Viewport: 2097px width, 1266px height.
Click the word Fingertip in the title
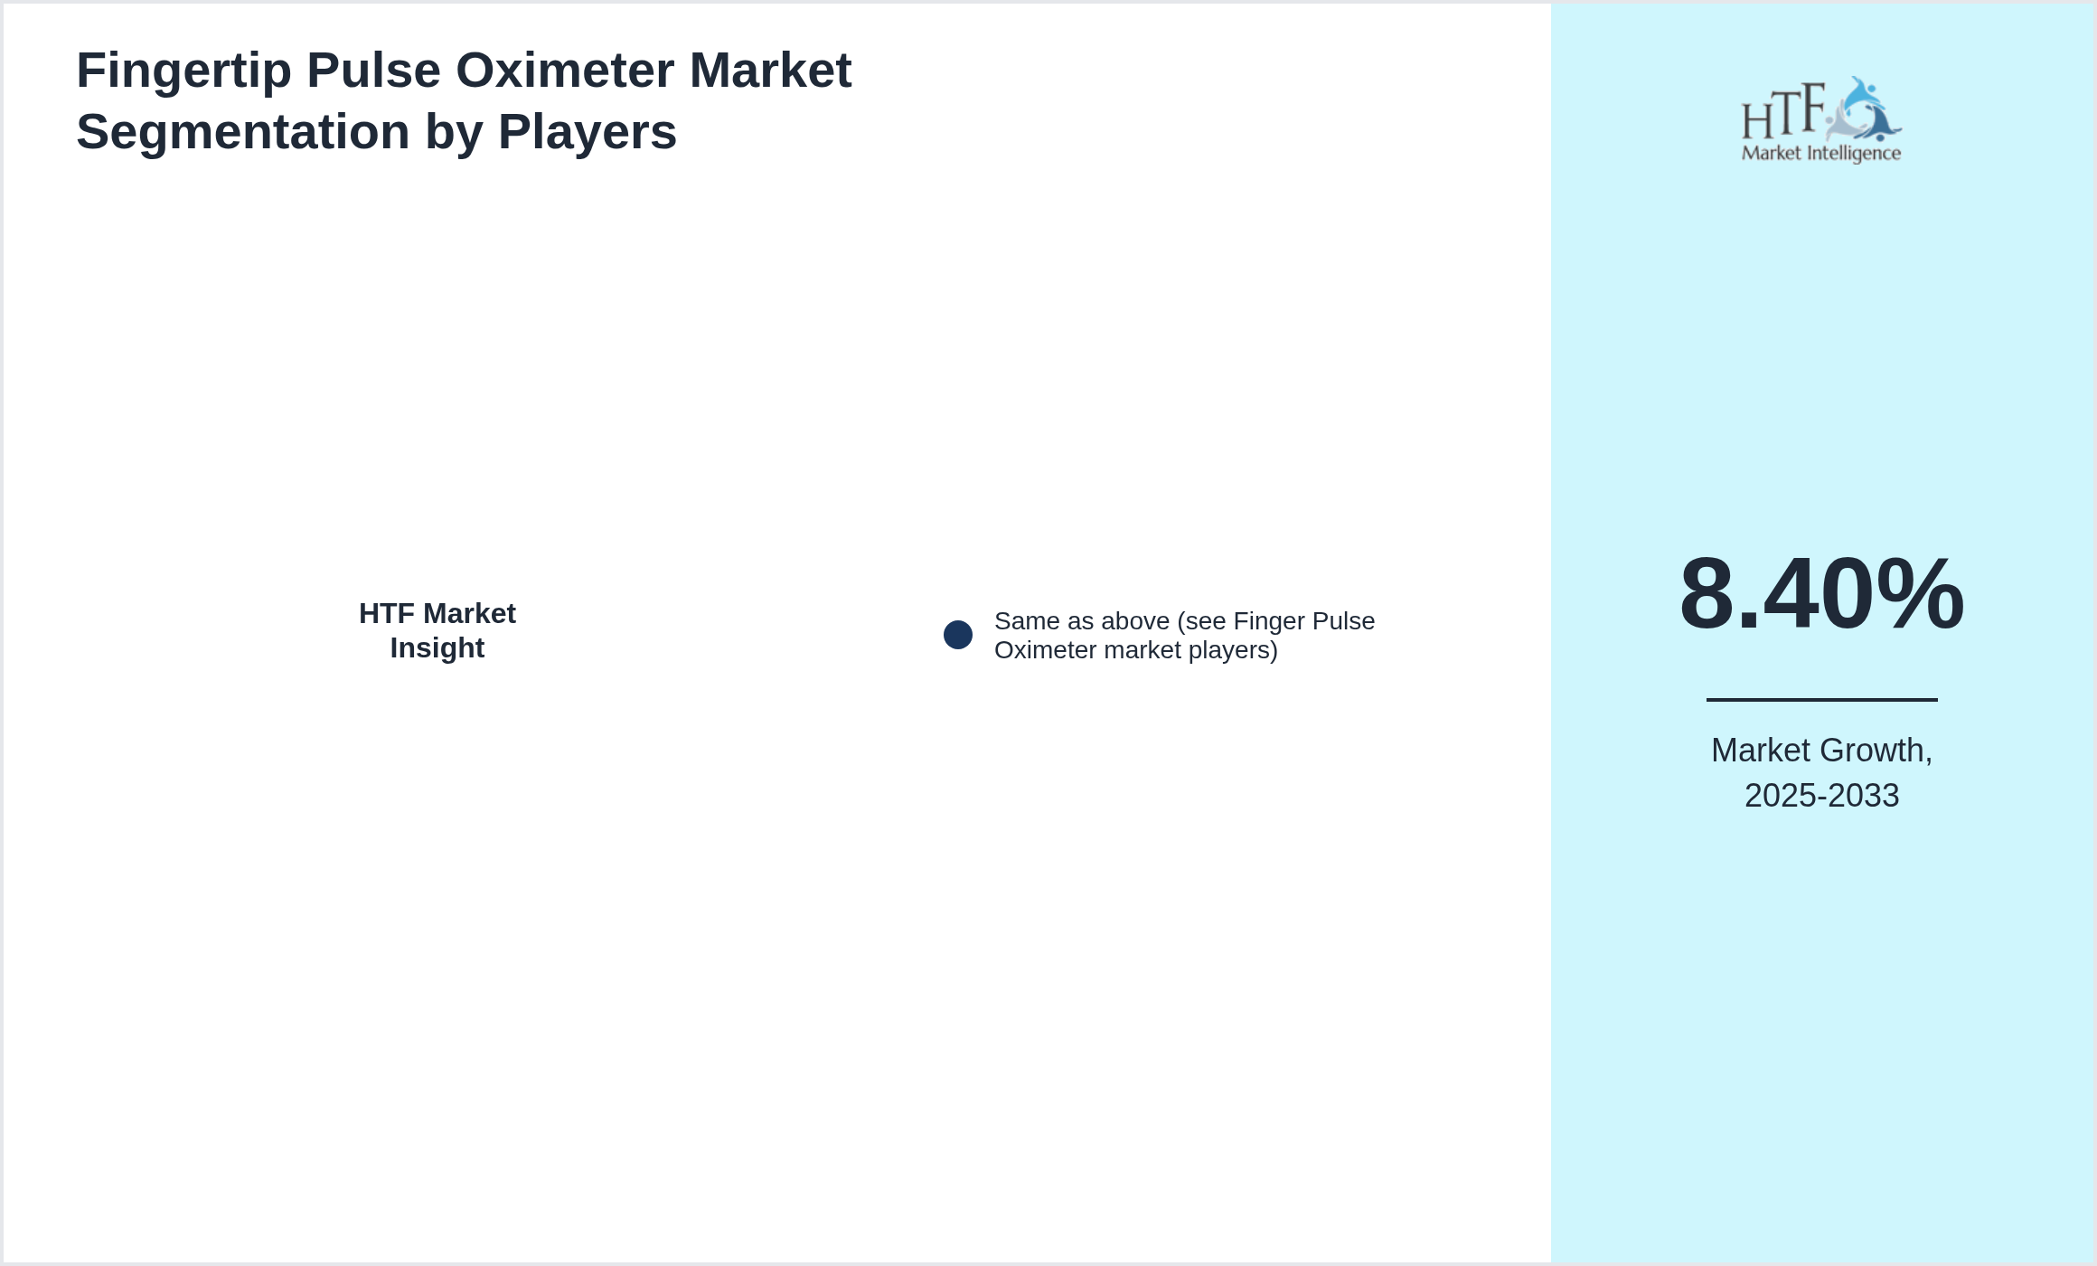pyautogui.click(x=183, y=71)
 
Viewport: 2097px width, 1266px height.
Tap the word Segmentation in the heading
pyautogui.click(x=243, y=132)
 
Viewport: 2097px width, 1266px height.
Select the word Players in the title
pyautogui.click(x=588, y=132)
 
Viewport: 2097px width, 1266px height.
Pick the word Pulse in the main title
pyautogui.click(x=373, y=71)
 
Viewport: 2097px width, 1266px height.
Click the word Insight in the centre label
pyautogui.click(x=437, y=648)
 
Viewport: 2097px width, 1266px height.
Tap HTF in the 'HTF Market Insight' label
pyautogui.click(x=387, y=613)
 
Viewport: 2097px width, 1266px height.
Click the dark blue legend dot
pyautogui.click(x=958, y=635)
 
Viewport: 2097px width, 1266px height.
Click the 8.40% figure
pyautogui.click(x=1822, y=594)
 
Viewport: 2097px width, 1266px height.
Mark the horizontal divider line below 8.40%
pyautogui.click(x=1822, y=699)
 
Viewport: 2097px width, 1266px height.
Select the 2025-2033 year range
pyautogui.click(x=1822, y=796)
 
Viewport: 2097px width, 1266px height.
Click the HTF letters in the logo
pyautogui.click(x=1783, y=112)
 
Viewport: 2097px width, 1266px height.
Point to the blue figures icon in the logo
pyautogui.click(x=1863, y=109)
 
